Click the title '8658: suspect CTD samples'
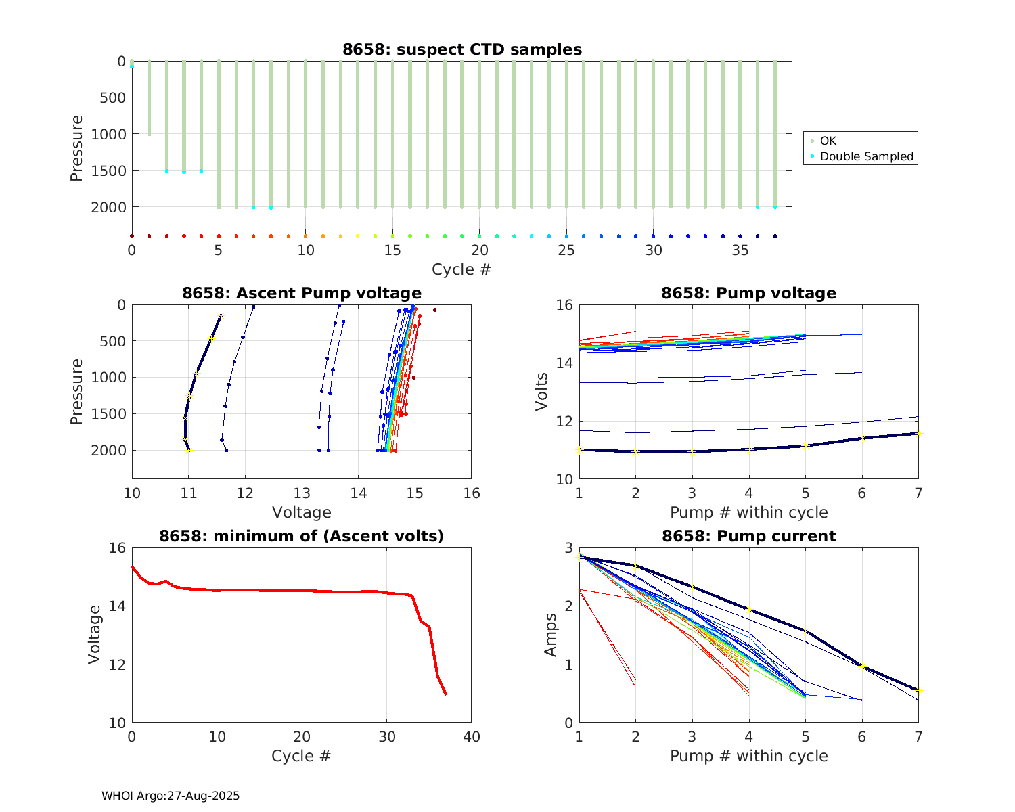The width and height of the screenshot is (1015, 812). (x=461, y=49)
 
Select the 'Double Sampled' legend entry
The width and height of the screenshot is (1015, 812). (x=866, y=156)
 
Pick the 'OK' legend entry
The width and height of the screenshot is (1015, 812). (x=828, y=141)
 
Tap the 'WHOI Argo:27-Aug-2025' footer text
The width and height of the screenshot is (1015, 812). (x=171, y=796)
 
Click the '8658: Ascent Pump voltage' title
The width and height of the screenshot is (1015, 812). (x=302, y=293)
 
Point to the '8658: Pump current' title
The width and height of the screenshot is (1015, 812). (x=748, y=536)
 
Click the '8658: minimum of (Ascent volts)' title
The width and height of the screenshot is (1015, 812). (x=302, y=536)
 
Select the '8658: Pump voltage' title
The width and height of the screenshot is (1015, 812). (x=748, y=293)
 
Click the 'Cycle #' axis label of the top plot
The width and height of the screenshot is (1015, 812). (x=461, y=269)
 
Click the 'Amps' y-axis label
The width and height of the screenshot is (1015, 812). (x=550, y=635)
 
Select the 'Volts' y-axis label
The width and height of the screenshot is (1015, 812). (x=541, y=392)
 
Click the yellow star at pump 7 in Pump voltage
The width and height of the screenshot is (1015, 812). (x=919, y=434)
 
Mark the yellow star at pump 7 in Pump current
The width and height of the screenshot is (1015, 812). (x=919, y=691)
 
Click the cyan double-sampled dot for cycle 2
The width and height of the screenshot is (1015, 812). (x=166, y=171)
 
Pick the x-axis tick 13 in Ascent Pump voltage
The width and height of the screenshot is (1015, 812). (x=302, y=493)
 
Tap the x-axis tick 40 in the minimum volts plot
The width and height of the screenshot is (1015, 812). (x=471, y=737)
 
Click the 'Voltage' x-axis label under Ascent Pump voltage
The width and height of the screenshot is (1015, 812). (x=302, y=512)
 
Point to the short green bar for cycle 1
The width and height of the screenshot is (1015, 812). (x=149, y=98)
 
